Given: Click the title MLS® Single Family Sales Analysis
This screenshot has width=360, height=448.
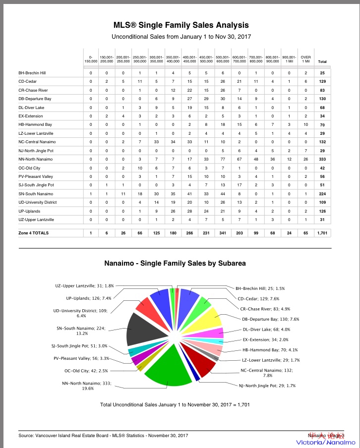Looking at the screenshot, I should pyautogui.click(x=181, y=25).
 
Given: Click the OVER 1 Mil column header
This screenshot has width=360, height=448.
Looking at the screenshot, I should pyautogui.click(x=306, y=59).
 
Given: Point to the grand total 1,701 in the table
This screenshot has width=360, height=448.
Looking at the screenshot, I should pyautogui.click(x=322, y=232).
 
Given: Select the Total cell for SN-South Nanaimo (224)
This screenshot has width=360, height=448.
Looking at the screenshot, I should pyautogui.click(x=322, y=193).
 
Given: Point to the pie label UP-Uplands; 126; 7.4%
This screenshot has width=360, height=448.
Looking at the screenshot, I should pyautogui.click(x=89, y=298).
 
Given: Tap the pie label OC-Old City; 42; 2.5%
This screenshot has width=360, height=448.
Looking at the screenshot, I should pyautogui.click(x=85, y=370).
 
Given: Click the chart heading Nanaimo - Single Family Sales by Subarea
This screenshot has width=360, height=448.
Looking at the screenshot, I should pyautogui.click(x=175, y=264).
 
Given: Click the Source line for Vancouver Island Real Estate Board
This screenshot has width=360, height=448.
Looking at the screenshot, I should pyautogui.click(x=96, y=435).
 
